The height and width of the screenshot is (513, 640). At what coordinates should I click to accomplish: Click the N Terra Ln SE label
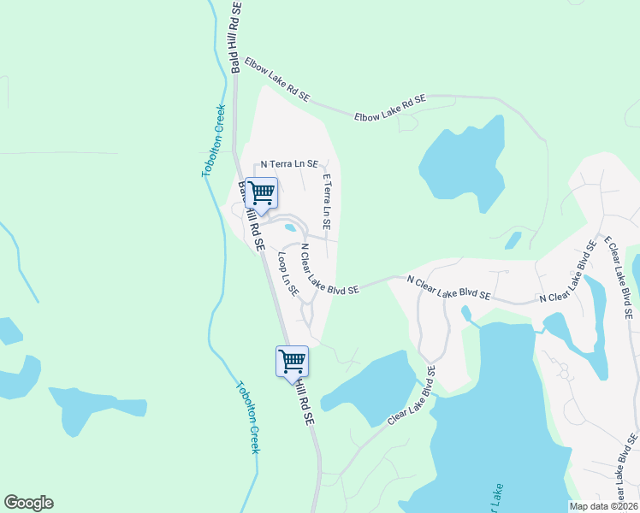coord(289,163)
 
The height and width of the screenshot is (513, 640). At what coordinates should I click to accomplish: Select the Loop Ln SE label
coord(287,274)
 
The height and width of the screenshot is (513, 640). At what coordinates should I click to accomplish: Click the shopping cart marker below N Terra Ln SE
coord(261,194)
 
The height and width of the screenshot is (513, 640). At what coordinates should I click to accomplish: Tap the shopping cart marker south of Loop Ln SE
coord(292,361)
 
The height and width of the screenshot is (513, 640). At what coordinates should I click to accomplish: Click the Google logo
coord(28,503)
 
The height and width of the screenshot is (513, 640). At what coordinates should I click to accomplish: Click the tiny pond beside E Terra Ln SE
coord(291,228)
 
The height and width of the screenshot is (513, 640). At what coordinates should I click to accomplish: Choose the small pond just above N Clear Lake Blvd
coord(513,240)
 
